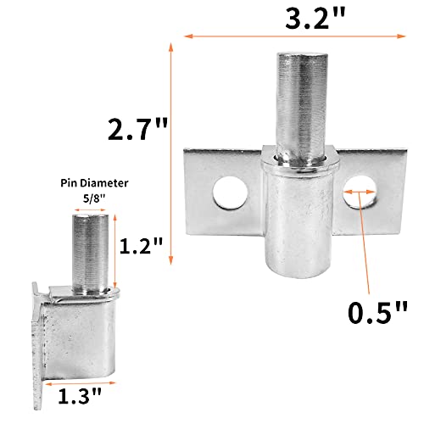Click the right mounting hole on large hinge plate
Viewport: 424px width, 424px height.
pyautogui.click(x=360, y=196)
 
